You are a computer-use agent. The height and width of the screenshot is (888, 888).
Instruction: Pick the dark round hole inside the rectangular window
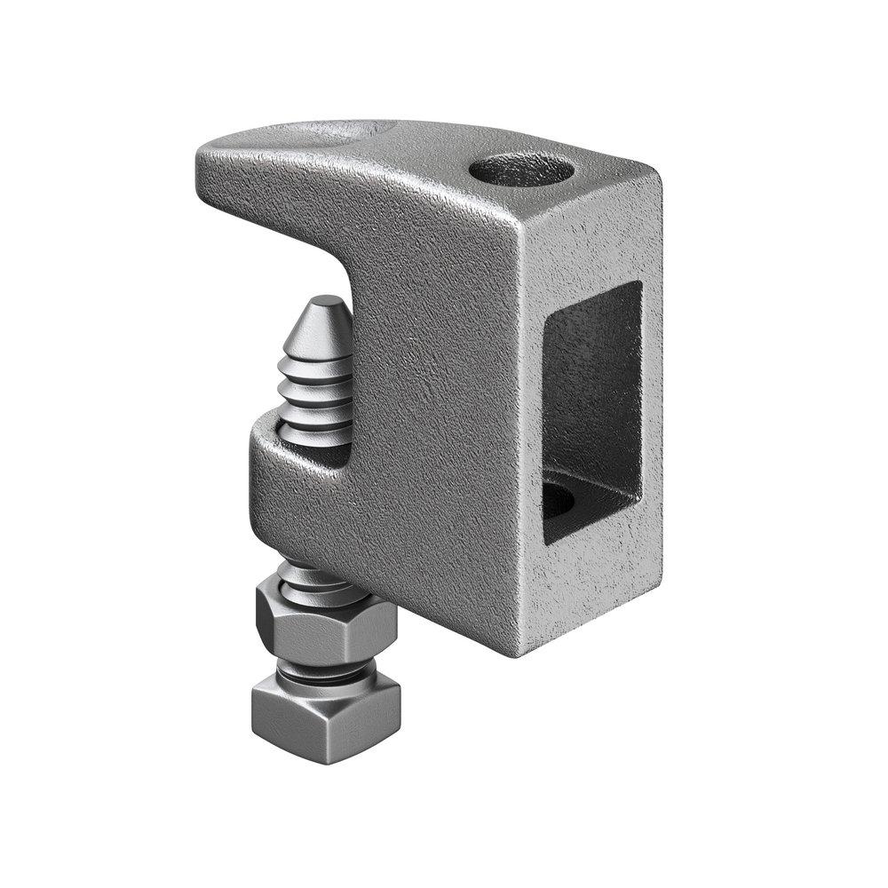559,501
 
